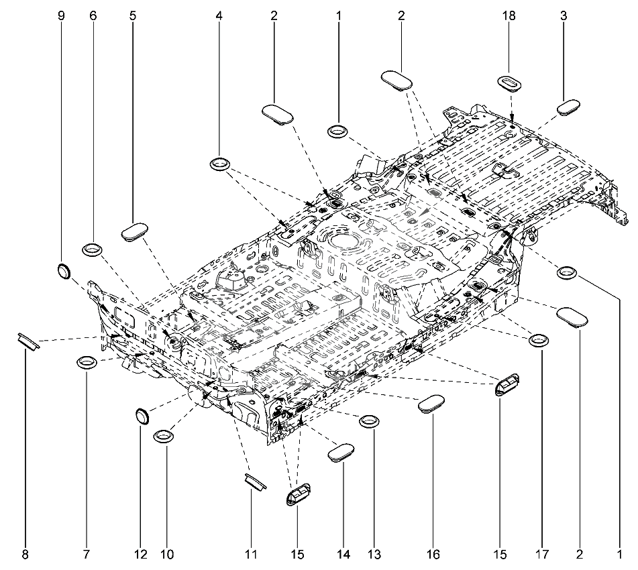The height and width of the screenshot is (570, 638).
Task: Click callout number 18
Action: point(509,16)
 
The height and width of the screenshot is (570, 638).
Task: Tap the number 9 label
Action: point(62,16)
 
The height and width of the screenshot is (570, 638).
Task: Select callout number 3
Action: point(564,16)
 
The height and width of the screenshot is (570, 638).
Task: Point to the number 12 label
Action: point(140,554)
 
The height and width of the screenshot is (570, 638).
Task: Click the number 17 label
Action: point(542,554)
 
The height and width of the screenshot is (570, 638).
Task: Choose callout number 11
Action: point(251,554)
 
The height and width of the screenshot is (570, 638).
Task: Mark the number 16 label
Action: point(433,554)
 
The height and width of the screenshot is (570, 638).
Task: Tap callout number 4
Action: point(219,16)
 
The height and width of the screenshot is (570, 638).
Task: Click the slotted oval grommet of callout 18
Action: point(510,82)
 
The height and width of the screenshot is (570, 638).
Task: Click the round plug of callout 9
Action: point(64,271)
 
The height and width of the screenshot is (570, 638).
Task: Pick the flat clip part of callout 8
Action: point(28,341)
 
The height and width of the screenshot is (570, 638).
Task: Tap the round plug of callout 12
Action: point(142,416)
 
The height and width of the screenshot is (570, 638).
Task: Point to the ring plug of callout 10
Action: point(164,436)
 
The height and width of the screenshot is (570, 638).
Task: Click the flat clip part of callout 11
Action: point(255,481)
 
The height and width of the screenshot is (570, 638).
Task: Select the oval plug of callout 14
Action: point(341,453)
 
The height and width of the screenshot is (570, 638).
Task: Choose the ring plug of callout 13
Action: point(370,422)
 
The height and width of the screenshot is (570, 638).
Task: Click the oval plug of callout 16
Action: point(432,403)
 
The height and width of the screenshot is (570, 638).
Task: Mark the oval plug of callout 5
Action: point(135,232)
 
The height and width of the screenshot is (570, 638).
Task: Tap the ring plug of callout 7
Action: point(87,361)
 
